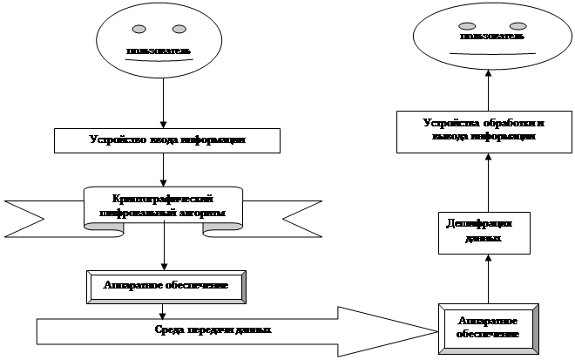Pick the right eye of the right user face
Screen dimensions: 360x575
pos(517,25)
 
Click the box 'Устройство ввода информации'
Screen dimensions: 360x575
pos(167,139)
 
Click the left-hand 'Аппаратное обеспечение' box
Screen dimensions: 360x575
pos(166,286)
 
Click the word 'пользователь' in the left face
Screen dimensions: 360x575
pos(159,51)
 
